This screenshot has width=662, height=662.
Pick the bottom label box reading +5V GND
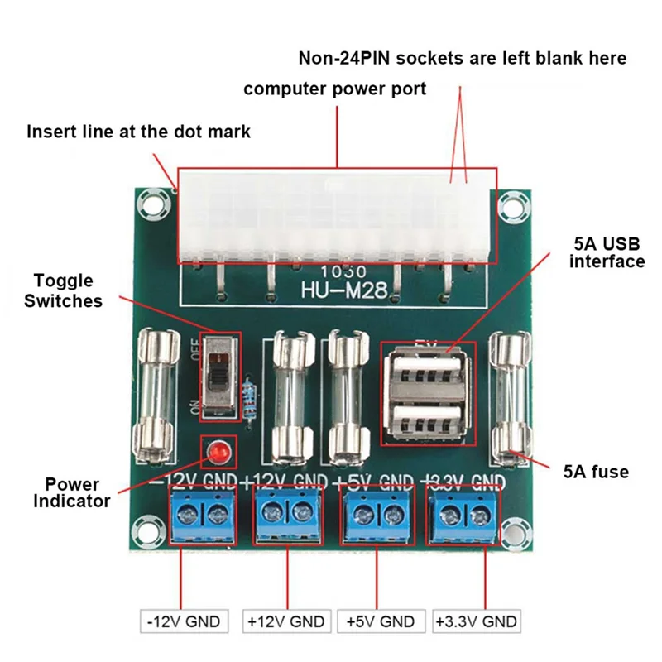[x=380, y=621]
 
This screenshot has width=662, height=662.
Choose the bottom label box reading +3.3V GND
[x=477, y=621]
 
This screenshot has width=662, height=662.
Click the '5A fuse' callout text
[x=596, y=472]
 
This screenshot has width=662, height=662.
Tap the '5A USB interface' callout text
[x=608, y=253]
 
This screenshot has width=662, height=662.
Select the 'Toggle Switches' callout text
[x=64, y=291]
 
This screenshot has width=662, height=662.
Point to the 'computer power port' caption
[x=335, y=89]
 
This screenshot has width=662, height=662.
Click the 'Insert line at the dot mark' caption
[x=139, y=132]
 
